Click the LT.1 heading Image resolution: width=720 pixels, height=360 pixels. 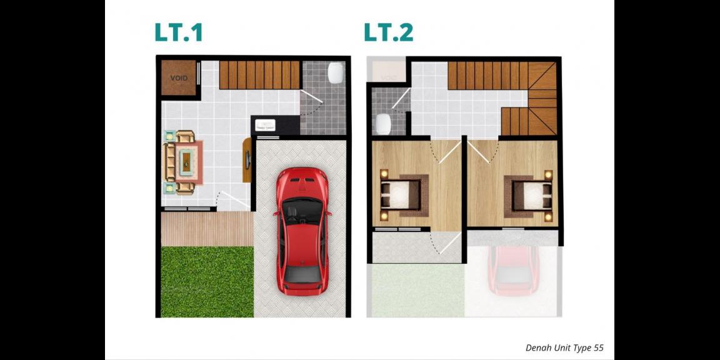pos(179,32)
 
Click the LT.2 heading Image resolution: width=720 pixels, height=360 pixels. pos(389,32)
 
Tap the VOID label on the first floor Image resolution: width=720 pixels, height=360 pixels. pos(179,78)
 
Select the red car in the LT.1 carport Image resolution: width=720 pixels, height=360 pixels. pos(302,231)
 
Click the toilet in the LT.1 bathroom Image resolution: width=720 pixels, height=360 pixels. pos(335,72)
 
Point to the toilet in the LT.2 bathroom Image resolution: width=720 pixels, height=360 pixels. pos(384,124)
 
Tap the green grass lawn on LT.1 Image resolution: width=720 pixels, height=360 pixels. pos(207,281)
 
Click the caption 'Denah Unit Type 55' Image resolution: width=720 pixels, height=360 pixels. pos(564,348)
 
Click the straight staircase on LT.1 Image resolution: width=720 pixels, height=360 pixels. pos(259,74)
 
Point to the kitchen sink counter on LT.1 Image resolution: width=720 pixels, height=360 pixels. pos(267,124)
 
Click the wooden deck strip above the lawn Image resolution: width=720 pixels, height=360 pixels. pos(207,229)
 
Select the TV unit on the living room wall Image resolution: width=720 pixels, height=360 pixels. pos(247,161)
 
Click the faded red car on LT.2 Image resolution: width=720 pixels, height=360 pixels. pos(513,269)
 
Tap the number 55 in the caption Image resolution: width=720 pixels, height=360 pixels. pos(598,348)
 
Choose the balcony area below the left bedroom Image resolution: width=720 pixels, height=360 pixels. pos(415,246)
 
